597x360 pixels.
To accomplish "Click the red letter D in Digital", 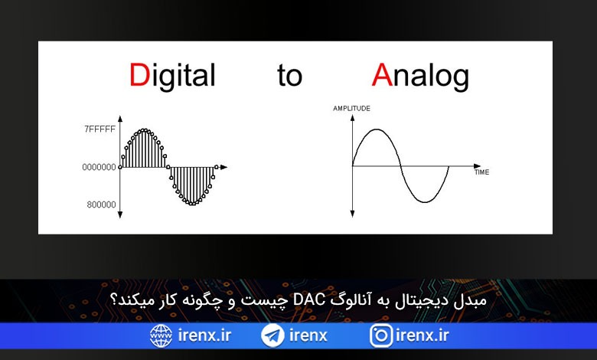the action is pyautogui.click(x=140, y=74).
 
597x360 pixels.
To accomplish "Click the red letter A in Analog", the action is pyautogui.click(x=382, y=74).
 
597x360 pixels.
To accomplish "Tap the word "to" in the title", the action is pyautogui.click(x=290, y=75).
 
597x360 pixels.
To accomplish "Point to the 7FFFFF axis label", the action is pyautogui.click(x=99, y=129).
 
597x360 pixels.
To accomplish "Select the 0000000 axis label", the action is pyautogui.click(x=99, y=167).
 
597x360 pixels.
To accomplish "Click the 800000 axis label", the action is pyautogui.click(x=101, y=205).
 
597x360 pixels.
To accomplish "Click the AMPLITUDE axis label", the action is pyautogui.click(x=351, y=109).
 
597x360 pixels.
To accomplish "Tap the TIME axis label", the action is pyautogui.click(x=481, y=172).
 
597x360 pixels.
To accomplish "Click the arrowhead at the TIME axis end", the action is pyautogui.click(x=478, y=166).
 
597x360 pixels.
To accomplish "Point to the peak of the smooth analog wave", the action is pyautogui.click(x=377, y=129).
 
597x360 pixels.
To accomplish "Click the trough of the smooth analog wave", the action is pyautogui.click(x=425, y=201).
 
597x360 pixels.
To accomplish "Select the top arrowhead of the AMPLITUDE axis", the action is pyautogui.click(x=352, y=118).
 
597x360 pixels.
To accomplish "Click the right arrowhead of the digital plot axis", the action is pyautogui.click(x=223, y=167).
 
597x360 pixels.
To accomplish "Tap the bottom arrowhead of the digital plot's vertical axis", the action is pyautogui.click(x=120, y=215).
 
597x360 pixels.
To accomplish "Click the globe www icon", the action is pyautogui.click(x=161, y=335).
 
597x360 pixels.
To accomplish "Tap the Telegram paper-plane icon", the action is pyautogui.click(x=272, y=335).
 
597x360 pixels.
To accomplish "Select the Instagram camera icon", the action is pyautogui.click(x=380, y=335).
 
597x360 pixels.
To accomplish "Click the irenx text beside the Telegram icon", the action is pyautogui.click(x=308, y=335).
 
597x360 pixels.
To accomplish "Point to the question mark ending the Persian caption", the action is pyautogui.click(x=113, y=299).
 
